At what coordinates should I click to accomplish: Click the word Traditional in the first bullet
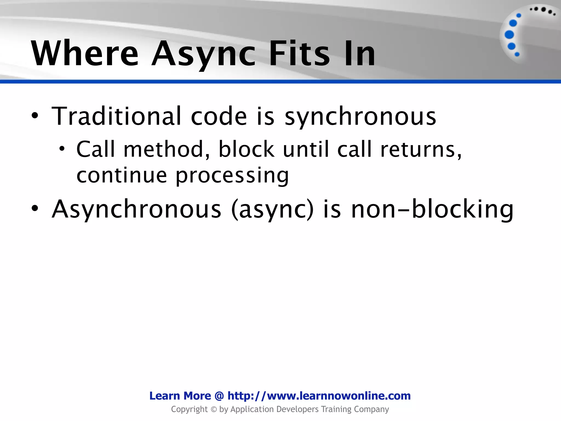pos(116,116)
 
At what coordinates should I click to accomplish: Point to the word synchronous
pos(360,116)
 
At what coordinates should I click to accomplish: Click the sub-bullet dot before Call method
pos(62,149)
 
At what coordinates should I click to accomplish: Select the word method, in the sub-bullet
pos(167,149)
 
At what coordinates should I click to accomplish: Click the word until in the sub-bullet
pos(305,149)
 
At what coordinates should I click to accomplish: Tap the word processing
pos(232,175)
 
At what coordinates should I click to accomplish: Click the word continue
pos(122,175)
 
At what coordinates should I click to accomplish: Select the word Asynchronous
pos(136,209)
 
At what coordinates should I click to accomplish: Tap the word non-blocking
pos(432,209)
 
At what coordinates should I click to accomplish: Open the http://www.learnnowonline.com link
pos(319,396)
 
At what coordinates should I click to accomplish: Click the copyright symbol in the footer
pos(214,409)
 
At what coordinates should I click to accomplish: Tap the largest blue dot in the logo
pos(509,35)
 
